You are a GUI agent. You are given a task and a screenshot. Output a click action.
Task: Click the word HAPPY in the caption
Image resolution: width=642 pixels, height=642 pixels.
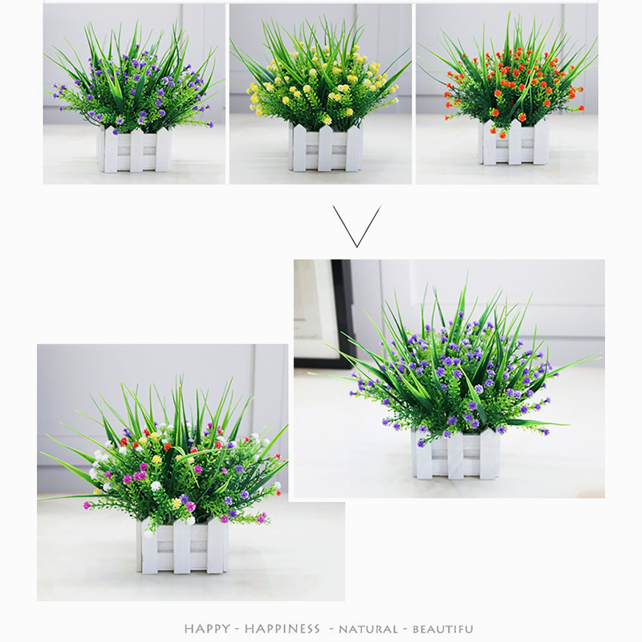click(207, 628)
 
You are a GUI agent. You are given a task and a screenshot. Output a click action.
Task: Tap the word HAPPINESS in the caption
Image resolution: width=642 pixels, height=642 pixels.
click(282, 628)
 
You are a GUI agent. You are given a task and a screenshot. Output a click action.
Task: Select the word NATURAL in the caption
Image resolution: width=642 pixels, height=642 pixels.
click(368, 629)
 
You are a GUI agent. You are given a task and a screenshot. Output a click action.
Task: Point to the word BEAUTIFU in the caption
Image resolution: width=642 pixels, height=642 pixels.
click(443, 629)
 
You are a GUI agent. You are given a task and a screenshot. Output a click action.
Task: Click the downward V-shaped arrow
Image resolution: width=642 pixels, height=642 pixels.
click(357, 226)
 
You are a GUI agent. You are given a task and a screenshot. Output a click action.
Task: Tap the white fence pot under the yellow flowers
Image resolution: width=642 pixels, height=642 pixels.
click(326, 148)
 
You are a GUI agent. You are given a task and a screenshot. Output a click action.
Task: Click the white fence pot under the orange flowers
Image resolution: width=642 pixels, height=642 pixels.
click(514, 143)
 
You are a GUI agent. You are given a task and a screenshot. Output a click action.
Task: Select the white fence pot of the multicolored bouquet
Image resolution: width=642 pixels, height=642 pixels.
click(182, 546)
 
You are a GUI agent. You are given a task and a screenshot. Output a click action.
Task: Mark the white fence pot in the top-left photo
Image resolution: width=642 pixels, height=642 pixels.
click(134, 148)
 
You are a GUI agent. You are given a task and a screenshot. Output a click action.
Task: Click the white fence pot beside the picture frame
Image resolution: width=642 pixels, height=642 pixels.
click(456, 453)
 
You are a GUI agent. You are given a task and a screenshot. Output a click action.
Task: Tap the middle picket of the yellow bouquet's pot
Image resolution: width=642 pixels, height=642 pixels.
click(325, 148)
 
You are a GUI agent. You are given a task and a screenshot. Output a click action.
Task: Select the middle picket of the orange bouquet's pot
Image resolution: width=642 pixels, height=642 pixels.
click(514, 142)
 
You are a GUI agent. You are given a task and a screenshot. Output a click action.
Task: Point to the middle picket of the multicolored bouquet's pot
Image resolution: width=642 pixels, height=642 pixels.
click(182, 546)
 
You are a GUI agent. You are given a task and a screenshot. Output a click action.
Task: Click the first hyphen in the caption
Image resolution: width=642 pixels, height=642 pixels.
click(238, 629)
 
